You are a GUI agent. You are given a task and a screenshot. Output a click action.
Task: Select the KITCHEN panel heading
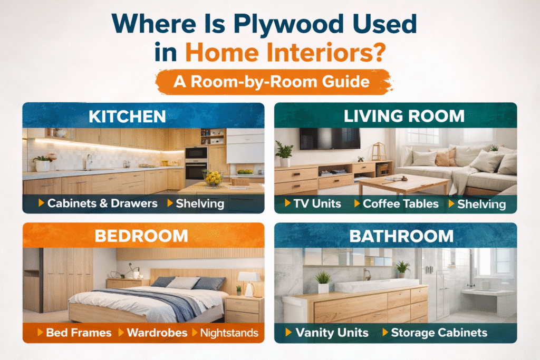127,116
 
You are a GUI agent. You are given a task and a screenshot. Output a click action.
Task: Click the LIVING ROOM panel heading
404,116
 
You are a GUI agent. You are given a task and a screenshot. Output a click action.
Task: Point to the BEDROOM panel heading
141,236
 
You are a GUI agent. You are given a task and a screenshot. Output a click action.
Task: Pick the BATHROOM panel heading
401,236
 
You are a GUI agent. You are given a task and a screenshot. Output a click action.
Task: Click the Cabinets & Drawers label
102,203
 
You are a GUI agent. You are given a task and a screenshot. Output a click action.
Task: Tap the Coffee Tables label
401,203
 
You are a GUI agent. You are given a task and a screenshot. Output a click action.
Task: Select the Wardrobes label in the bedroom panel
157,333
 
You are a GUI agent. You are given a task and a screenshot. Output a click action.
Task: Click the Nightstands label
229,333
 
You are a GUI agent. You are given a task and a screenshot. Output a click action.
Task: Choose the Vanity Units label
332,333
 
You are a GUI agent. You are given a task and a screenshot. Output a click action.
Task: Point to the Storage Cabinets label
439,333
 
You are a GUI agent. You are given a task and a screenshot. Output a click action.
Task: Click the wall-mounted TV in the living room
330,138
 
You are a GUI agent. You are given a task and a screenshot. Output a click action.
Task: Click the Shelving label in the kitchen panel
200,203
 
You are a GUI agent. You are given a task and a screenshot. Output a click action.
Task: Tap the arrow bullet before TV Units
287,203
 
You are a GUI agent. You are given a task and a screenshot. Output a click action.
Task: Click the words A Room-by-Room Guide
272,82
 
